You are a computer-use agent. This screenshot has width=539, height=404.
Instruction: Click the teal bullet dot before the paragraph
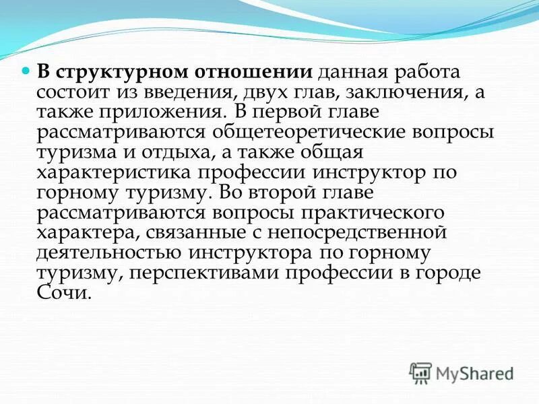click(27, 71)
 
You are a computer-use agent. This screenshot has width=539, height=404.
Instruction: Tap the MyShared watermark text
click(475, 372)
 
